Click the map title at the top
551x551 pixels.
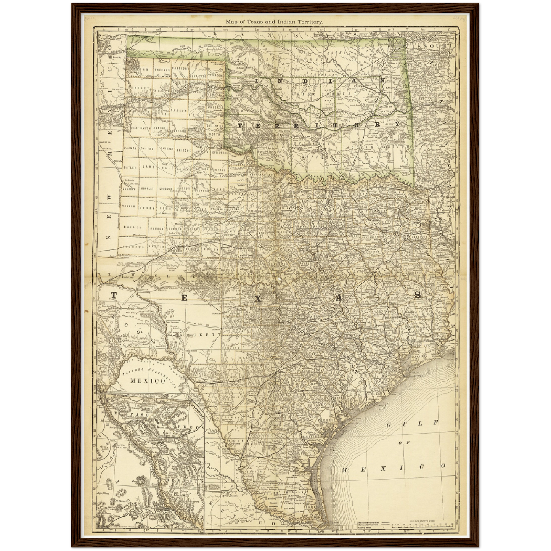[275, 22]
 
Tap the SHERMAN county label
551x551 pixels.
[162, 70]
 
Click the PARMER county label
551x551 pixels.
[130, 148]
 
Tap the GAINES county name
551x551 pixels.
[132, 227]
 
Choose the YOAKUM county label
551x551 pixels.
[129, 206]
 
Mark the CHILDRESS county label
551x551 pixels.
[220, 153]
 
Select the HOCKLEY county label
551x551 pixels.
[148, 188]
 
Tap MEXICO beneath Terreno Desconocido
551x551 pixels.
[148, 381]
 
